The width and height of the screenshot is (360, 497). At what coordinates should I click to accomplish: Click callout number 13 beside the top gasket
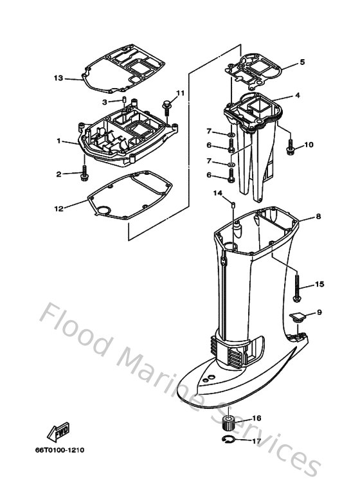[59, 78]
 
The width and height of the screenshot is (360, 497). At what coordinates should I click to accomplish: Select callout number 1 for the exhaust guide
[59, 141]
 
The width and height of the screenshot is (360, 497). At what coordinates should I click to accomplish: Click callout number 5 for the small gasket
[302, 62]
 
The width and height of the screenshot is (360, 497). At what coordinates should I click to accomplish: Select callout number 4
[298, 95]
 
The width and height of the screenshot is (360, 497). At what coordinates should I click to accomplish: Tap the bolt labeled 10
[290, 147]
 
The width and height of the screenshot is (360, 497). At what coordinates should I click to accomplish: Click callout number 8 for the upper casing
[318, 217]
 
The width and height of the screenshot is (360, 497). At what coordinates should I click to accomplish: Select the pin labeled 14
[234, 205]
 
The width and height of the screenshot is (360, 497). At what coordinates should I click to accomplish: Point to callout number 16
[256, 419]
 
